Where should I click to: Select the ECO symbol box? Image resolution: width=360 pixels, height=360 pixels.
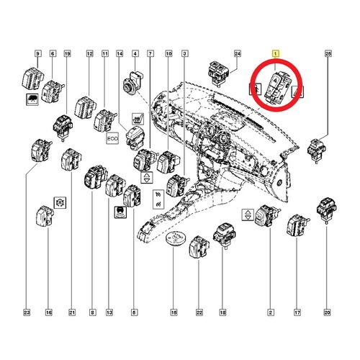pos(112,135)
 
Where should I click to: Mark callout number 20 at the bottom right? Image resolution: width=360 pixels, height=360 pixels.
pos(328,313)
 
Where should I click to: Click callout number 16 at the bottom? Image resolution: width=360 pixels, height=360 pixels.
pos(48,313)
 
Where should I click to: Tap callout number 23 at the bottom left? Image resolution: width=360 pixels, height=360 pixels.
pos(27,313)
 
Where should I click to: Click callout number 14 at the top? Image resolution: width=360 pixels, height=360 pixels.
pos(120,54)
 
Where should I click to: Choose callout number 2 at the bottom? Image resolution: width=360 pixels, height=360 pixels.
pos(270,313)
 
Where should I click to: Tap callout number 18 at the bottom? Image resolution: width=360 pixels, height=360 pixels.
pos(222,313)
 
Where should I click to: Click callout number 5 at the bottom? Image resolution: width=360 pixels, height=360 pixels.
pos(133,313)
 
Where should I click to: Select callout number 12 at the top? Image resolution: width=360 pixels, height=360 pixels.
pos(90,54)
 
